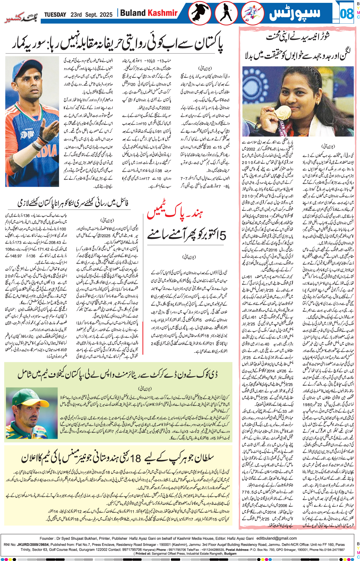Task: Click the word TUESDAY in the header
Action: click(55, 15)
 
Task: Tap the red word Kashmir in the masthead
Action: click(162, 13)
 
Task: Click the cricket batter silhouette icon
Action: click(226, 13)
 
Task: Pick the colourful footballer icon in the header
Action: click(252, 13)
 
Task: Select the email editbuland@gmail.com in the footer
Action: click(277, 538)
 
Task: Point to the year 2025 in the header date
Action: click(106, 15)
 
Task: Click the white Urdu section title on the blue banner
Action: click(295, 13)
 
